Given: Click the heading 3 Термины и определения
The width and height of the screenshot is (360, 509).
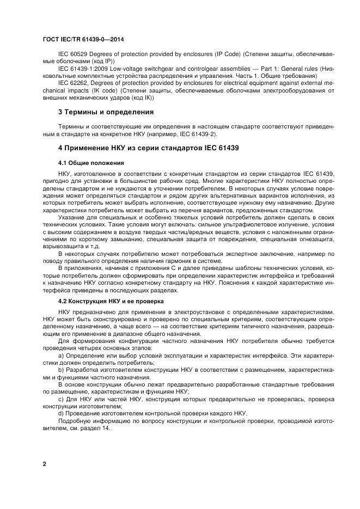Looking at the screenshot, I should point(106,112).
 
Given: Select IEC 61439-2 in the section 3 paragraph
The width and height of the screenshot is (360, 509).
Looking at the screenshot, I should point(206,134).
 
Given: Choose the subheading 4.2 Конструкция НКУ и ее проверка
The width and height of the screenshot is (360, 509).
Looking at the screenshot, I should point(111,301).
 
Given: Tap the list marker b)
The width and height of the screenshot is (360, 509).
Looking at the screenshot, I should point(61,370).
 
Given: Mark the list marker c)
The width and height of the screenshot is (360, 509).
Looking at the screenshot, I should point(61,398).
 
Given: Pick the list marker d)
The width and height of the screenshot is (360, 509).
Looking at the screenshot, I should point(61,413).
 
